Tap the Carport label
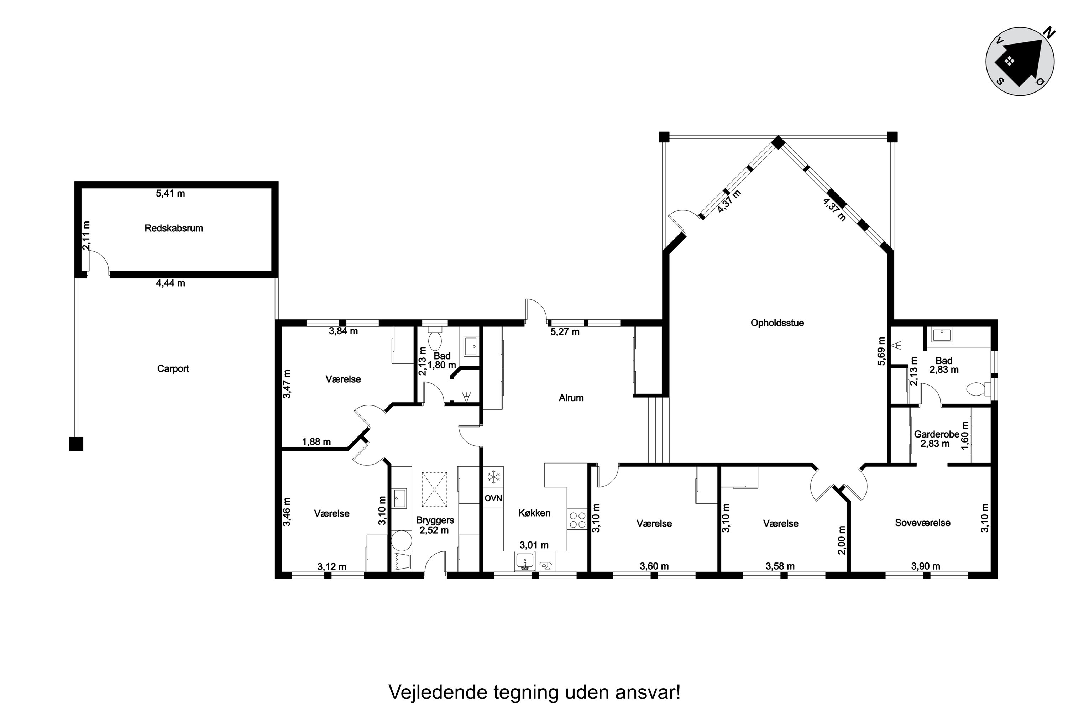(x=173, y=369)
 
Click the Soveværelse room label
(x=923, y=523)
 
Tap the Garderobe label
(x=937, y=434)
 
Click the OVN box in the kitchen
(x=493, y=498)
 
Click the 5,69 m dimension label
(x=881, y=351)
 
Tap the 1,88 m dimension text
(x=316, y=442)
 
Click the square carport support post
(x=76, y=444)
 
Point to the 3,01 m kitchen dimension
(x=534, y=545)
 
